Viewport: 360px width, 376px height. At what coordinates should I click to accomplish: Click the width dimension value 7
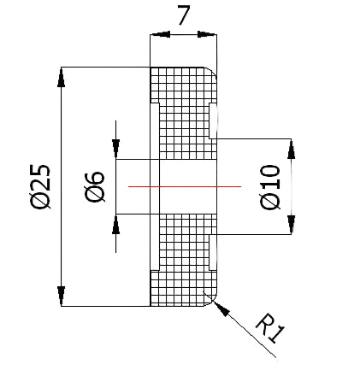point(184,15)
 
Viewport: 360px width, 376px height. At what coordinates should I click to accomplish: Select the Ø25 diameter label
point(41,186)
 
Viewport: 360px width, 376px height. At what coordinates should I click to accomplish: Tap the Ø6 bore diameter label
point(95,187)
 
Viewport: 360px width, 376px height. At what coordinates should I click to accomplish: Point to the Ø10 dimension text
point(270,187)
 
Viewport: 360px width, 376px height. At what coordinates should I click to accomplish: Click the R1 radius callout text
point(270,328)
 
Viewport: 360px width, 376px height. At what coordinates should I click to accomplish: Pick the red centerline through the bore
point(185,186)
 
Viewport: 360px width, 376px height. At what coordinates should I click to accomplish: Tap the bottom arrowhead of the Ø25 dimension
point(61,297)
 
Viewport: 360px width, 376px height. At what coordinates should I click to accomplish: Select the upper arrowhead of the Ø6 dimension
point(115,149)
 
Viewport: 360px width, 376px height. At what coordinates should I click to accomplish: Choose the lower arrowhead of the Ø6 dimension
point(115,224)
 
